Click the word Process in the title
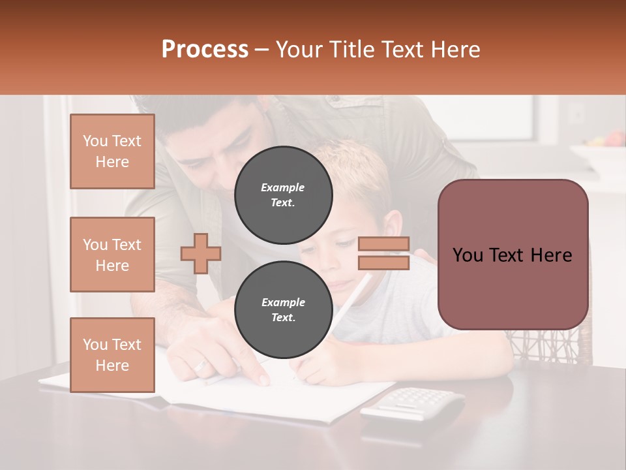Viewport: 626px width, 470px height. [x=205, y=49]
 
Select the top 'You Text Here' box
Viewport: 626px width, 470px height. [x=112, y=151]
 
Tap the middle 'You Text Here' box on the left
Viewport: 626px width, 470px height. [x=112, y=255]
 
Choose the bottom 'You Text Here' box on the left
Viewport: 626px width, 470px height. [x=112, y=355]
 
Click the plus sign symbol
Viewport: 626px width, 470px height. [x=201, y=253]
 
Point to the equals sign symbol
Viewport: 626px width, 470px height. [x=383, y=253]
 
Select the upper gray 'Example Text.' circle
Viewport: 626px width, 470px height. [x=283, y=195]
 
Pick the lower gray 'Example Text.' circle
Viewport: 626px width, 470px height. [x=283, y=310]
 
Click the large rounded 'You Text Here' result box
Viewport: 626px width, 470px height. [x=513, y=255]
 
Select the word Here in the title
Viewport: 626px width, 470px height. [x=455, y=49]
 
